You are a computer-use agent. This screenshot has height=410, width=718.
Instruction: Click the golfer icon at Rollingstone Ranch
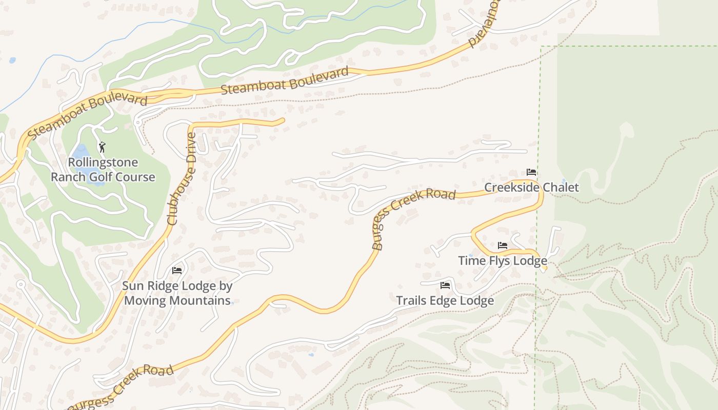pyautogui.click(x=102, y=148)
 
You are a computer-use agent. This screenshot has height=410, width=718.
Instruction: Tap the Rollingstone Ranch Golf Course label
pyautogui.click(x=103, y=170)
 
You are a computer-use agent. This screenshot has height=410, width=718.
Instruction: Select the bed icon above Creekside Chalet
pyautogui.click(x=531, y=172)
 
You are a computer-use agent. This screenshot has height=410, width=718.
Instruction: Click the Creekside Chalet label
pyautogui.click(x=531, y=188)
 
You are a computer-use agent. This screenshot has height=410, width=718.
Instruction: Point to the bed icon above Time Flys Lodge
pyautogui.click(x=503, y=246)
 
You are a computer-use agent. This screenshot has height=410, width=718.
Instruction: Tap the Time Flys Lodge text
pyautogui.click(x=503, y=261)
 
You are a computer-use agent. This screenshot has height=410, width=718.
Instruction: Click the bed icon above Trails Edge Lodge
pyautogui.click(x=445, y=285)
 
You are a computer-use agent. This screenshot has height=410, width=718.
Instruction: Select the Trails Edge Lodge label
pyautogui.click(x=445, y=301)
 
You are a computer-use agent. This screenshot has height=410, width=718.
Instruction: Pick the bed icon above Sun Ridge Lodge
pyautogui.click(x=177, y=271)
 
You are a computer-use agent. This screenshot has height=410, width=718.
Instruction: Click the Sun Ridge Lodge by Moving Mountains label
pyautogui.click(x=177, y=293)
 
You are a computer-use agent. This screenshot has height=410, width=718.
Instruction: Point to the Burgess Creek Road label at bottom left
pyautogui.click(x=121, y=387)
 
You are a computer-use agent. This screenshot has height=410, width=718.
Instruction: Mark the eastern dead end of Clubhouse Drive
pyautogui.click(x=283, y=121)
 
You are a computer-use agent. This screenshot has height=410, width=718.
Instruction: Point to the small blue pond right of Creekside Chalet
pyautogui.click(x=564, y=181)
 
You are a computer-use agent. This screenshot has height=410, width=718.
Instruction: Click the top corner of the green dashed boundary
pyautogui.click(x=541, y=47)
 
